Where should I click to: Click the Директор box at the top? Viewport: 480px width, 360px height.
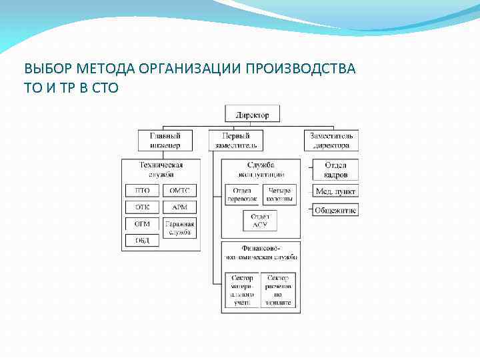253,115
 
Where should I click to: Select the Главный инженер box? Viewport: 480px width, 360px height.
160,140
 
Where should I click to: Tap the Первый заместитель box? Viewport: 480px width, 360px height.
235,140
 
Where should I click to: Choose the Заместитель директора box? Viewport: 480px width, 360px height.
331,140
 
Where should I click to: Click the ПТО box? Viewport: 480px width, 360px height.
142,191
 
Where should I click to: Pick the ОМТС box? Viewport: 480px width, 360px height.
179,191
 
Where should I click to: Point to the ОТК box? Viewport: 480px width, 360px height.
142,207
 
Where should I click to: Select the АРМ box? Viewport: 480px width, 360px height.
179,207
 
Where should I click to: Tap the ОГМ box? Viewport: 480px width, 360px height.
142,224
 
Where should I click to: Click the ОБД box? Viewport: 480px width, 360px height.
142,241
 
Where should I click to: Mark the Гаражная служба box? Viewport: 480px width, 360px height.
179,228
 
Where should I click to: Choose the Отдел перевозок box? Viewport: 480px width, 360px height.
241,195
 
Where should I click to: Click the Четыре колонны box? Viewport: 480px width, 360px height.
279,195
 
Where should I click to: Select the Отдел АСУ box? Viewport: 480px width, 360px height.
260,221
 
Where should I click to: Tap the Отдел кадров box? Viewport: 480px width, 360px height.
335,169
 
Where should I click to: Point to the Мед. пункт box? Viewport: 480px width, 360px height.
335,191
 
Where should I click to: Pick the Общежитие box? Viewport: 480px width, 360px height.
335,210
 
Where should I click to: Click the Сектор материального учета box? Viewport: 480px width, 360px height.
241,290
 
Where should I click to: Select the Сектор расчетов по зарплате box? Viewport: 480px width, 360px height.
279,290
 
